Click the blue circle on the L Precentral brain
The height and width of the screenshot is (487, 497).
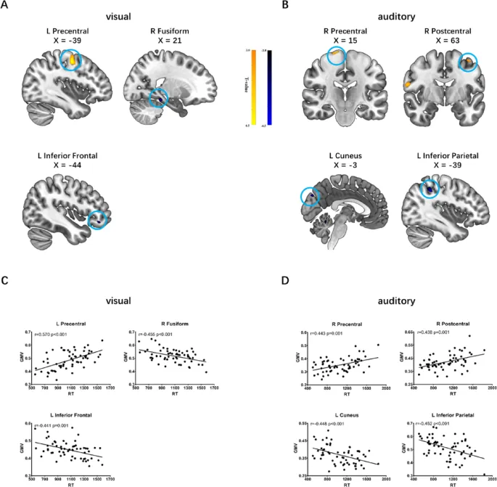[71, 60]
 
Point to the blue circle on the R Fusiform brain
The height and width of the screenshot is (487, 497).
[158, 98]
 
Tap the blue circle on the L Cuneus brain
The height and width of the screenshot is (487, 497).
[311, 196]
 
